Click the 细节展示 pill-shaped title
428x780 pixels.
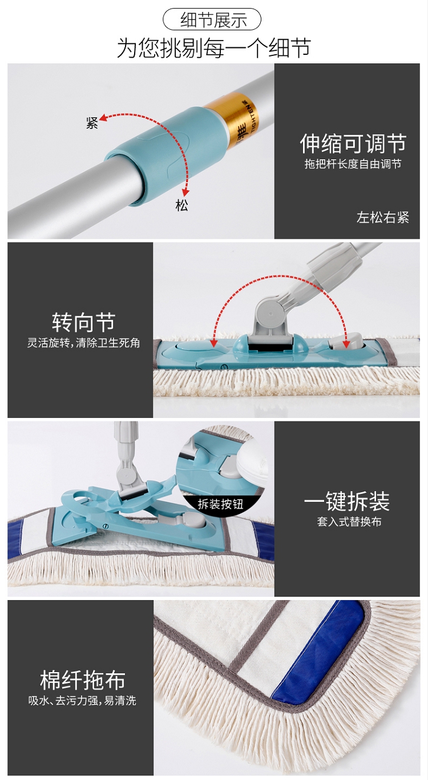click(212, 20)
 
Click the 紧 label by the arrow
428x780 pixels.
click(92, 123)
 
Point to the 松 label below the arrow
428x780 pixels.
click(181, 205)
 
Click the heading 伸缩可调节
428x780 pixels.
click(353, 143)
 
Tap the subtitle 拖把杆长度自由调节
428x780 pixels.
click(353, 164)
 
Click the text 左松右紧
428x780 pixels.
click(383, 218)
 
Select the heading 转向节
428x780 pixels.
click(83, 323)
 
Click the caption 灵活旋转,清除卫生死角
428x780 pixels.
click(83, 343)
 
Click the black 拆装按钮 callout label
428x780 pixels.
click(220, 504)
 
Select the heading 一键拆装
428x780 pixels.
click(347, 501)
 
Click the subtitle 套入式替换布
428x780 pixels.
click(349, 521)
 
